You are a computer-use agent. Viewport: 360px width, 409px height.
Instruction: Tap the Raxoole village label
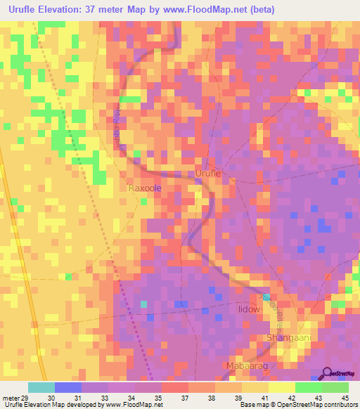click(x=145, y=189)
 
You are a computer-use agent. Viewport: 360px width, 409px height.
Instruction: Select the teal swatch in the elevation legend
click(x=41, y=387)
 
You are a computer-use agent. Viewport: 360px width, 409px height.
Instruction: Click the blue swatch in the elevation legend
click(x=68, y=387)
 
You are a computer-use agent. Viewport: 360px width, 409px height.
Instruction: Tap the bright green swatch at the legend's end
click(x=335, y=387)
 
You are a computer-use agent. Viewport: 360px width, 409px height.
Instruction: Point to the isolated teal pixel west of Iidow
click(x=143, y=304)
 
